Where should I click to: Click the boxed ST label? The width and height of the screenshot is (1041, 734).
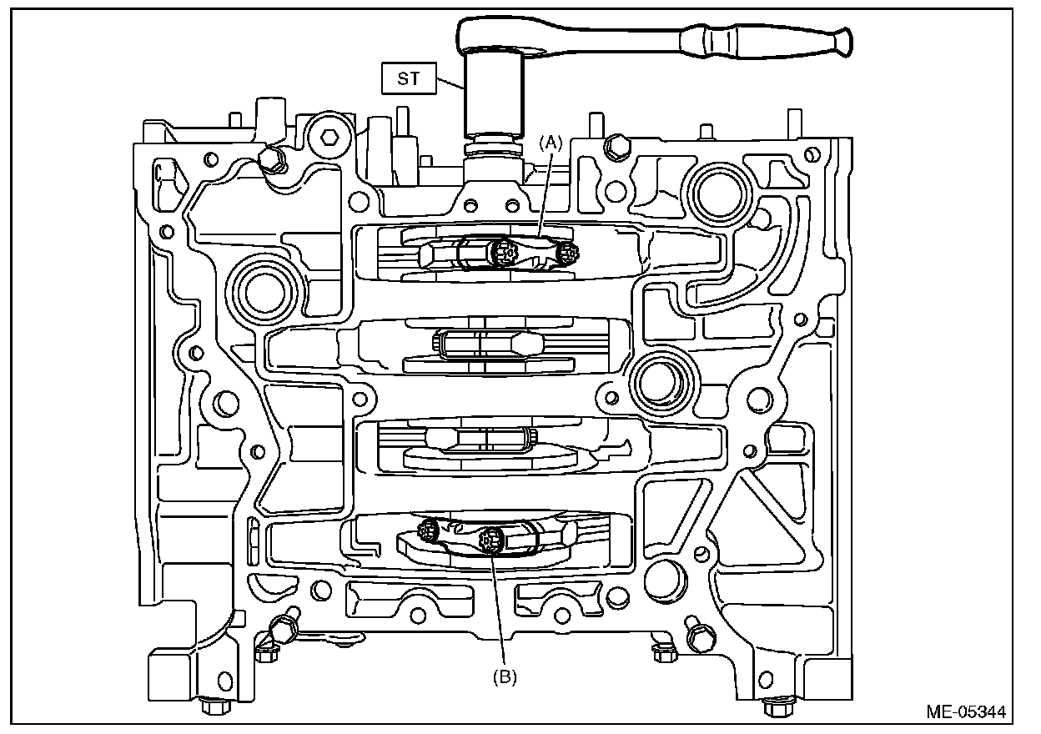pyautogui.click(x=409, y=78)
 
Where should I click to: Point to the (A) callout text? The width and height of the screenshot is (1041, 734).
pyautogui.click(x=551, y=143)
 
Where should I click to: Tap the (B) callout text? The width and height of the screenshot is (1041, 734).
pyautogui.click(x=505, y=677)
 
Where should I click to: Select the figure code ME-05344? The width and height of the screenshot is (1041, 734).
pyautogui.click(x=966, y=712)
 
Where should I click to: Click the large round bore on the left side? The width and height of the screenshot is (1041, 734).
pyautogui.click(x=265, y=294)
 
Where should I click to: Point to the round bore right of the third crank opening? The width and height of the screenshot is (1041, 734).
pyautogui.click(x=660, y=384)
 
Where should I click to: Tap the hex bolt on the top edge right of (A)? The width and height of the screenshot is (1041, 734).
pyautogui.click(x=617, y=148)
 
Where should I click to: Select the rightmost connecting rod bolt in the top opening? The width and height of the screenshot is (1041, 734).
pyautogui.click(x=568, y=254)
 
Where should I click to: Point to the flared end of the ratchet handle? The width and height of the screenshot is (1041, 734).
pyautogui.click(x=844, y=42)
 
